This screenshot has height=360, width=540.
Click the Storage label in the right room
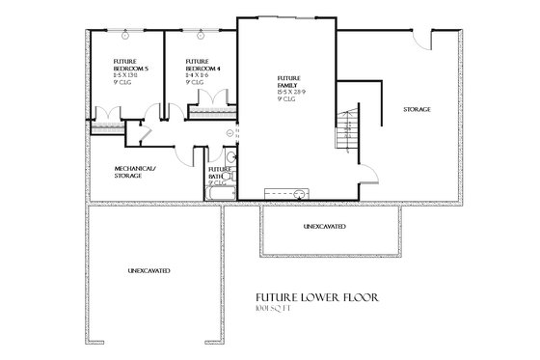(417, 109)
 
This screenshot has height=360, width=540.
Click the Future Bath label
(217, 173)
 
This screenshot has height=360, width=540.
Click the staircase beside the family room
(344, 130)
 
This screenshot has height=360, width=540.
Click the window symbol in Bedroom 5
(125, 35)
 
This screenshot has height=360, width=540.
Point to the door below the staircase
(367, 174)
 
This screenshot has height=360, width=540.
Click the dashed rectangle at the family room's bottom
(286, 192)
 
